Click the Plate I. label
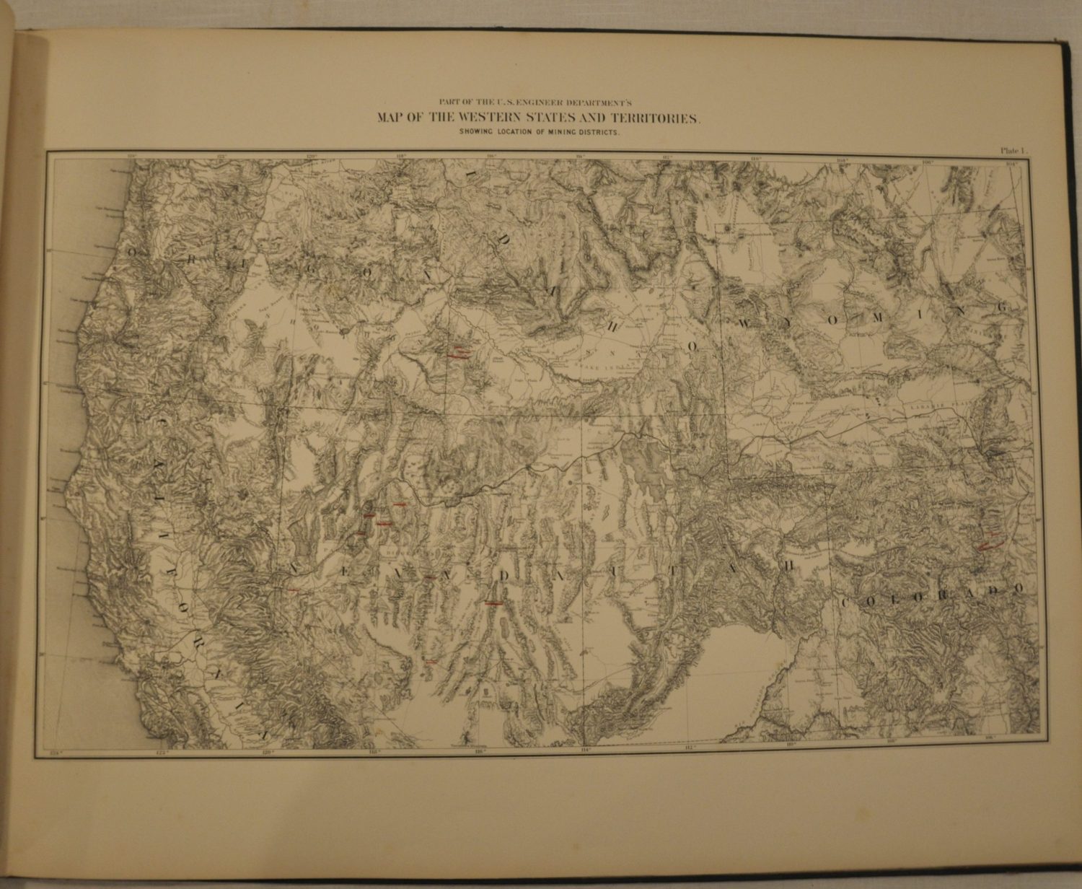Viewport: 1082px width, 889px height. click(1016, 151)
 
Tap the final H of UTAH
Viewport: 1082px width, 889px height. click(788, 566)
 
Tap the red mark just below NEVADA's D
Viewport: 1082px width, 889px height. click(494, 603)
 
